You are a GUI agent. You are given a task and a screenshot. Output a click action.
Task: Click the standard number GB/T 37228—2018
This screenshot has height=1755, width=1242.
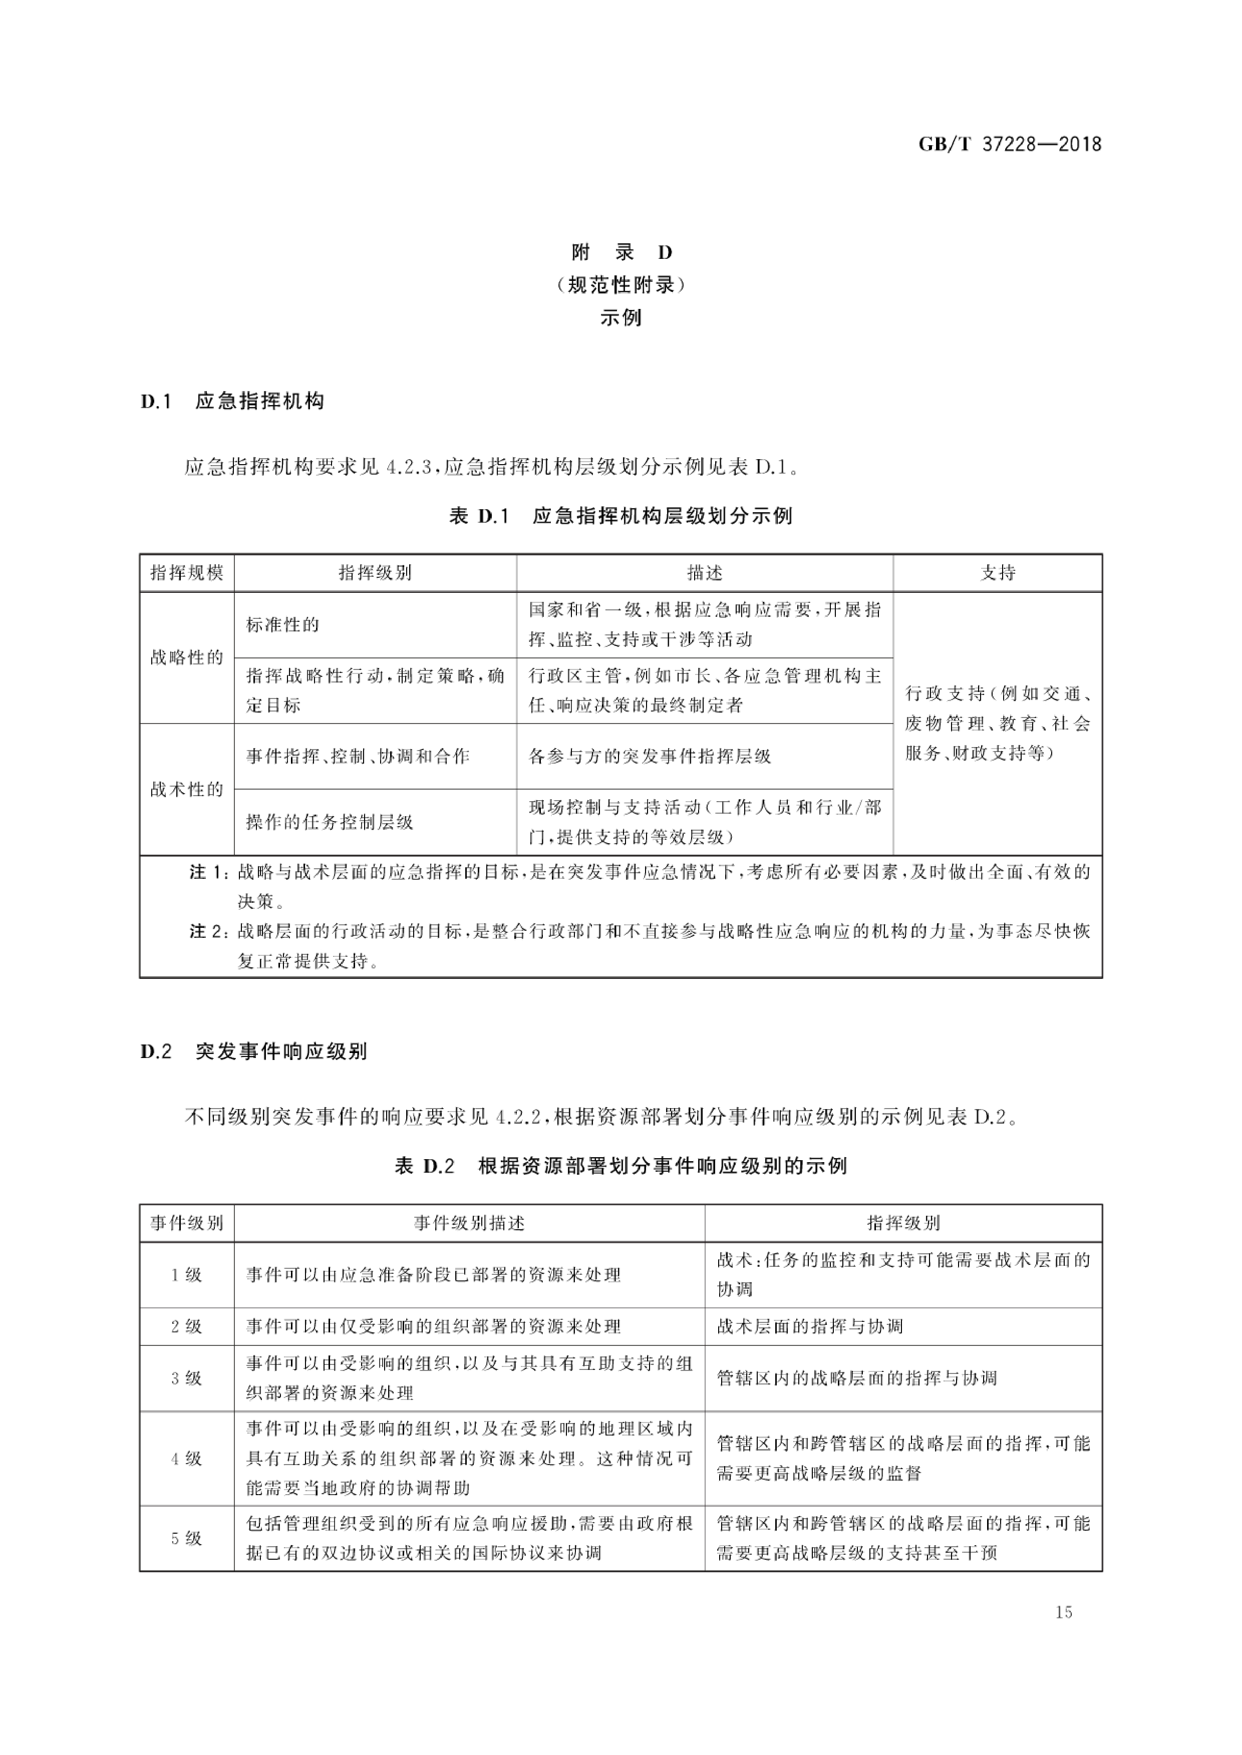pos(1010,144)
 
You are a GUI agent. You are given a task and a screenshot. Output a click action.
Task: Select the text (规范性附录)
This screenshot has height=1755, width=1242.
pos(621,285)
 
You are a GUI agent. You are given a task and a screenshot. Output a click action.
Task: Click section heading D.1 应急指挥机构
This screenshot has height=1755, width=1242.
pos(232,402)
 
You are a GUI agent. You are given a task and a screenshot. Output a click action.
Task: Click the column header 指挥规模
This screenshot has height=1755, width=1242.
pos(187,573)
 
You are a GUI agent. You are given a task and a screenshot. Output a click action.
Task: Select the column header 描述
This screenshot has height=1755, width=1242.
pos(704,573)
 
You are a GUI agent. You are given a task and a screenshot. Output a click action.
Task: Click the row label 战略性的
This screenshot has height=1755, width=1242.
pos(187,657)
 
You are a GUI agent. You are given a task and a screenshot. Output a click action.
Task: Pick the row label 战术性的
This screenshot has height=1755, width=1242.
pos(187,789)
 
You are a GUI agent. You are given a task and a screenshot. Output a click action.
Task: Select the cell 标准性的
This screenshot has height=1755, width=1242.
pos(282,625)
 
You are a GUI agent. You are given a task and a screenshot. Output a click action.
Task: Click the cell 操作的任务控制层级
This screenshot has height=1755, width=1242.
pos(330,822)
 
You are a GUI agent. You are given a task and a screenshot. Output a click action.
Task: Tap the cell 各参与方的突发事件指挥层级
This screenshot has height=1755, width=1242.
pos(650,756)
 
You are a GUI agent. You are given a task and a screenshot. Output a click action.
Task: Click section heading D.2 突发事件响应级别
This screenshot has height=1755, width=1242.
pos(254,1051)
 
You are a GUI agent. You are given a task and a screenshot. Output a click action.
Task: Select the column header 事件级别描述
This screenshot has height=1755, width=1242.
pos(469,1223)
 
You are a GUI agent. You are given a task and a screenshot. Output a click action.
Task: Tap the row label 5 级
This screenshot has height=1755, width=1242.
pos(187,1538)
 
